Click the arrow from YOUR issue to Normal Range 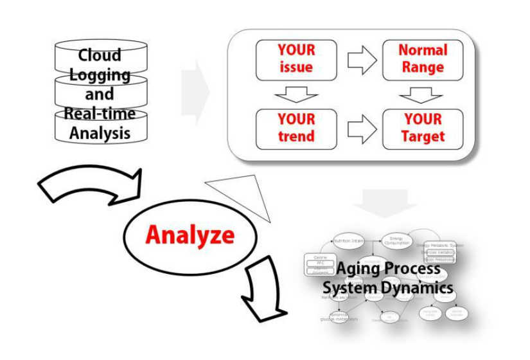[x=361, y=60]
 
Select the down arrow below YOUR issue [x=296, y=94]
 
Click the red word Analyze [x=190, y=235]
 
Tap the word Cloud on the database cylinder [x=100, y=56]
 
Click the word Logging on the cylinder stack [x=100, y=75]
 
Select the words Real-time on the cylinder [x=100, y=114]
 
